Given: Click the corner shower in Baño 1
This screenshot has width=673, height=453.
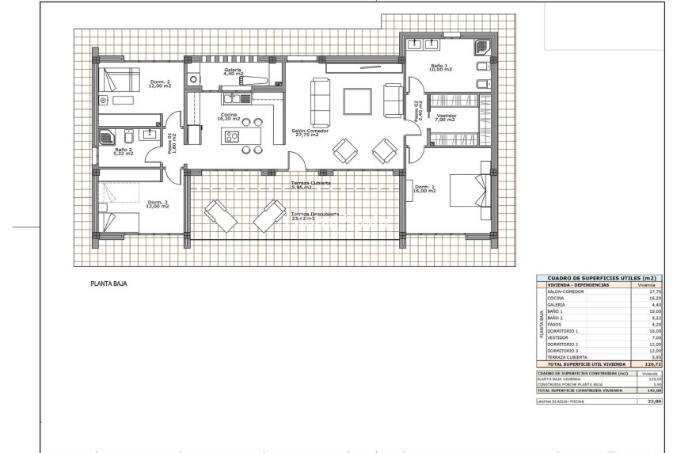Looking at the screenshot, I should coord(483,48).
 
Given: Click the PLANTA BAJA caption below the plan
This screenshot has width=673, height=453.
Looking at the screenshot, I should coord(108,283).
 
